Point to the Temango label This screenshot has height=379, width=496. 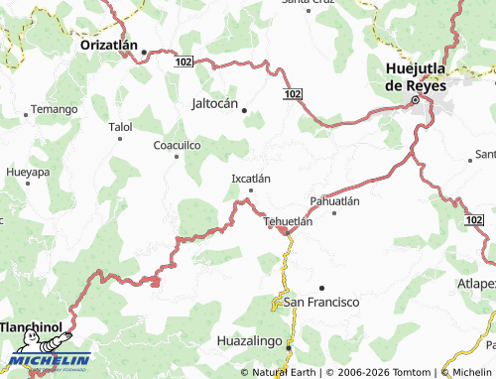point(54,109)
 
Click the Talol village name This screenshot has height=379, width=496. point(120,127)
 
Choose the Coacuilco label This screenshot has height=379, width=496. point(178,145)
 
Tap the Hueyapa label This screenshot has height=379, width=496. point(27,172)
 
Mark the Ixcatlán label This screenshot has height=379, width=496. point(250,179)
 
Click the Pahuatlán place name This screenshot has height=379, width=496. point(334,200)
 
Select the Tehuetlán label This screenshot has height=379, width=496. point(289,221)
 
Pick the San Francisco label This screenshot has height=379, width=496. point(321,302)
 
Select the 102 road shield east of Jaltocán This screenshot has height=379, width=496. point(290,93)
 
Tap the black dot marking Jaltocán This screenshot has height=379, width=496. point(245,110)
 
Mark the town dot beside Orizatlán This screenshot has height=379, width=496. point(144,52)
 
